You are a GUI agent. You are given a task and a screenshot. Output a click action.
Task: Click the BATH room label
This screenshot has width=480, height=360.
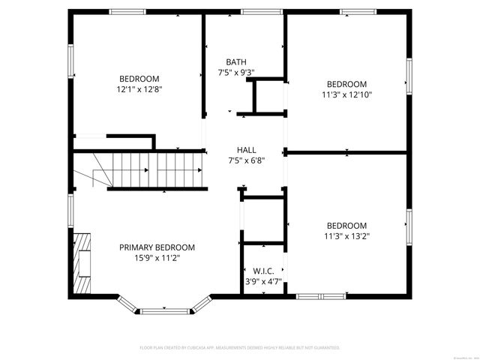coord(235,62)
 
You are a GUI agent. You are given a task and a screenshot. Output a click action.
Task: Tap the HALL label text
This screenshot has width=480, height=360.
coord(246,149)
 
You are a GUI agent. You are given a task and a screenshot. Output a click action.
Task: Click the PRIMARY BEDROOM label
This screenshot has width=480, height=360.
coord(157,247)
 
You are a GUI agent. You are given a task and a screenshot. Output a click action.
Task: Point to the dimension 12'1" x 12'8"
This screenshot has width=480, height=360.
coord(139,89)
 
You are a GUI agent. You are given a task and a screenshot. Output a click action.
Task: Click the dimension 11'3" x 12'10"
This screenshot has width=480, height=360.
coord(346,94)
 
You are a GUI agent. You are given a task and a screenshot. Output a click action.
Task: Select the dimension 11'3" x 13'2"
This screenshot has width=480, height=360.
coord(346,236)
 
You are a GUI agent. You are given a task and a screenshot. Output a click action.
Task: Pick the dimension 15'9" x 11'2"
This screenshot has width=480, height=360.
coord(157,258)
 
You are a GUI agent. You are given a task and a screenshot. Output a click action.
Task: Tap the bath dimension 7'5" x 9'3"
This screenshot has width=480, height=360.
coord(235,73)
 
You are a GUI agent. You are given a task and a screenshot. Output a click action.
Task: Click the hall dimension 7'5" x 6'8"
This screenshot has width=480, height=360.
coord(246,160)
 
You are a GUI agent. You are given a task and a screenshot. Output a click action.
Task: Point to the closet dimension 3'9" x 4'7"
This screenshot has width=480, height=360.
coord(262,282)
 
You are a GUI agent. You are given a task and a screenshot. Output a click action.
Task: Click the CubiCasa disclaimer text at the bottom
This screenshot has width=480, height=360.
coord(240,348)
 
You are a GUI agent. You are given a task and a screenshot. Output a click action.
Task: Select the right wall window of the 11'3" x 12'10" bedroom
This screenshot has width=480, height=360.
coord(409,73)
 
